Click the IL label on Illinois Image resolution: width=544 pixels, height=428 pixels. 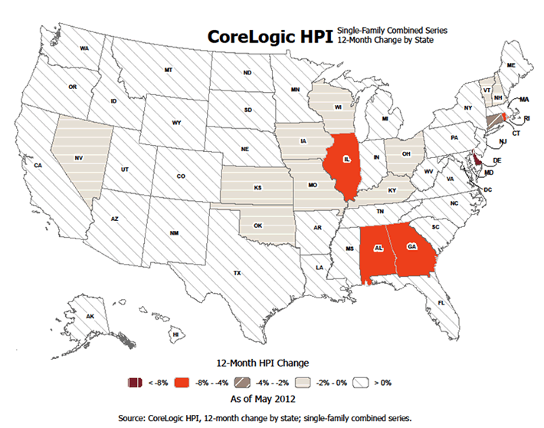(x=347, y=159)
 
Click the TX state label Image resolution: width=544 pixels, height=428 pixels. (x=238, y=273)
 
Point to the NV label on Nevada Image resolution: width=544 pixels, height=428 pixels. (x=79, y=158)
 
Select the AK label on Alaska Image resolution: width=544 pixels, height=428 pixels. (x=90, y=317)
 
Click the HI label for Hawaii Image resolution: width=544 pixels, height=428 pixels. (x=175, y=334)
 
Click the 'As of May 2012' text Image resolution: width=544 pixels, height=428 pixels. (x=262, y=399)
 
